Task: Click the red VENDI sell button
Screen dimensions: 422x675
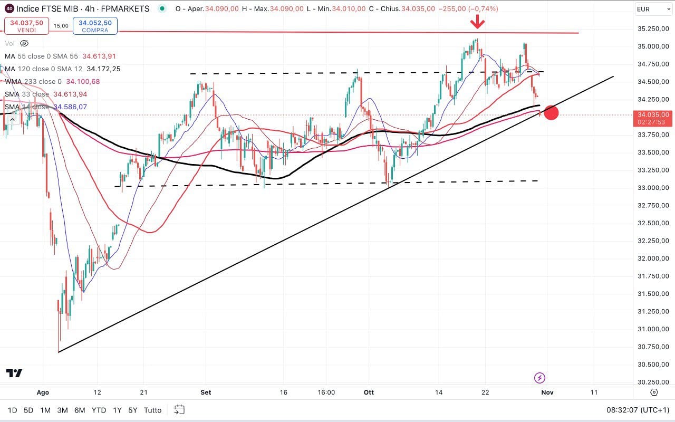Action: click(x=26, y=26)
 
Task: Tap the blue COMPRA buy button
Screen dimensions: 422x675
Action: click(x=95, y=26)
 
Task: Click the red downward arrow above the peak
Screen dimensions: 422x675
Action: click(x=478, y=22)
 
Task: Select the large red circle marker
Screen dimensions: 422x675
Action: click(x=551, y=112)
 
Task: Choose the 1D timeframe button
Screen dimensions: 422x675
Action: click(x=12, y=410)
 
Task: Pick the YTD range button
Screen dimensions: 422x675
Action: click(x=99, y=410)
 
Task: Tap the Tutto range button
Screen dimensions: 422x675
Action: click(x=152, y=410)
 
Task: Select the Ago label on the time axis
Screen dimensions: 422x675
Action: click(x=43, y=392)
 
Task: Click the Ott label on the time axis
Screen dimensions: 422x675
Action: click(x=369, y=392)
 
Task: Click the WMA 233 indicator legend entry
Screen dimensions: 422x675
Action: click(x=52, y=81)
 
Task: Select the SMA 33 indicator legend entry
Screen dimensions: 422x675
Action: click(x=46, y=94)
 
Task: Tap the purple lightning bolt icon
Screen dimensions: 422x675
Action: click(x=539, y=378)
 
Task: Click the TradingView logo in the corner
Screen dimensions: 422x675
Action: click(x=14, y=373)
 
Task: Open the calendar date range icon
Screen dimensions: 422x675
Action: click(x=179, y=410)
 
